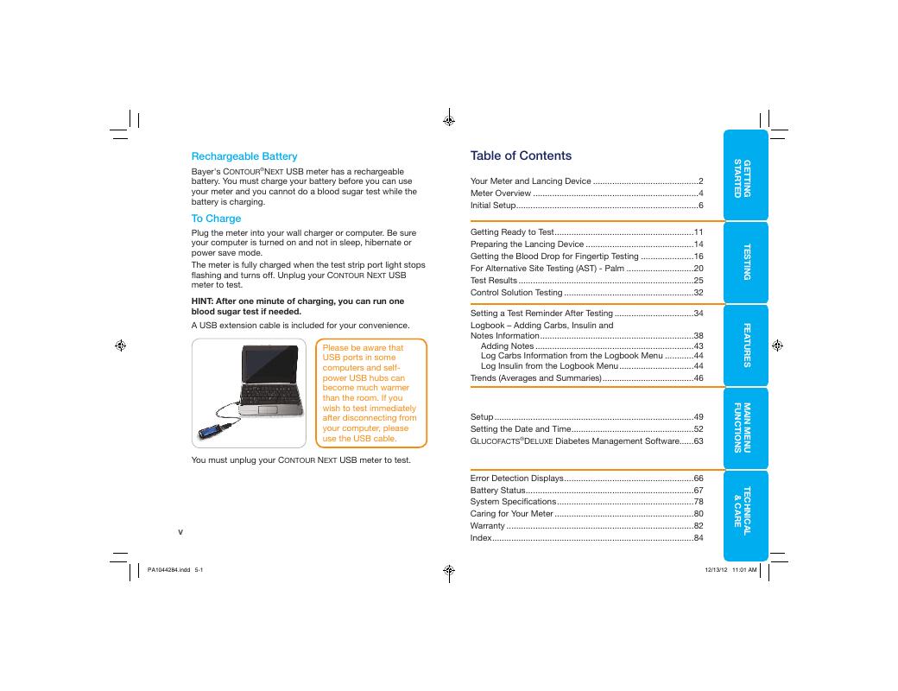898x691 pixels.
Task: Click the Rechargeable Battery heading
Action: (243, 156)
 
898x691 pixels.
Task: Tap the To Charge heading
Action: (216, 219)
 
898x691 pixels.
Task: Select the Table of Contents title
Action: (521, 155)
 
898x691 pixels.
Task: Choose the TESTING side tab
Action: (746, 261)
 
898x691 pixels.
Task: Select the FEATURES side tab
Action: (746, 345)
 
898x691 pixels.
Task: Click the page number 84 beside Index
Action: (699, 538)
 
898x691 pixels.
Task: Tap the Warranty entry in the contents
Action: (487, 526)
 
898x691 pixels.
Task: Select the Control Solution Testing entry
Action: (515, 293)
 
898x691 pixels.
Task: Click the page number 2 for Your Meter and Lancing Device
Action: (700, 181)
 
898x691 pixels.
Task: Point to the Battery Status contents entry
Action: (497, 490)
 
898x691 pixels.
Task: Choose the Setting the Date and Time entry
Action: (520, 428)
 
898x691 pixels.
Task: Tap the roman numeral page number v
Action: (180, 531)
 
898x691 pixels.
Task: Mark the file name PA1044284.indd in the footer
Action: (168, 570)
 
